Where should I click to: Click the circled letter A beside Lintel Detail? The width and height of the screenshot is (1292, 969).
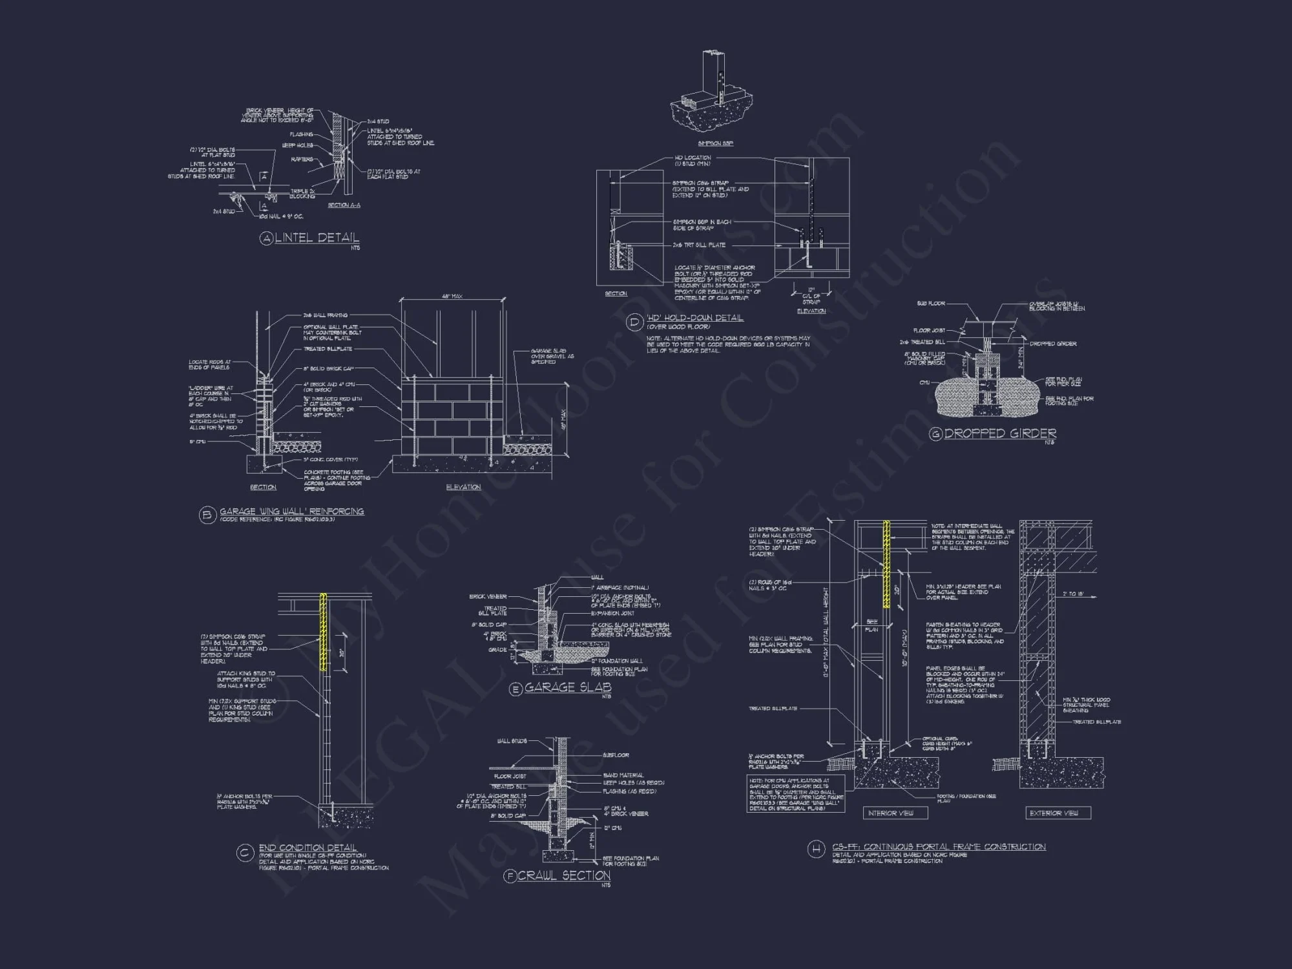point(266,238)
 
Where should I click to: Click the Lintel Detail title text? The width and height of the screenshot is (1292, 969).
point(317,238)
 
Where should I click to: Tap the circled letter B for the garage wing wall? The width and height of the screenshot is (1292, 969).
point(207,515)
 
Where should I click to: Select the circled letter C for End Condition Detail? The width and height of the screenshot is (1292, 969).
point(244,853)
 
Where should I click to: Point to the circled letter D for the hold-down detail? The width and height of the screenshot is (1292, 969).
point(634,322)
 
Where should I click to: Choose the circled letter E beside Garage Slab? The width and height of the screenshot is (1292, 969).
point(516,689)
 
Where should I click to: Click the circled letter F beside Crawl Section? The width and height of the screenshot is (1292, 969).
point(510,877)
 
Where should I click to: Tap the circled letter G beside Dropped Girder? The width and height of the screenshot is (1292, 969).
point(935,434)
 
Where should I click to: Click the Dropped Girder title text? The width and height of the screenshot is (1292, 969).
point(1000,433)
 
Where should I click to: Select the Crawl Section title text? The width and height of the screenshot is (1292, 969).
point(564,876)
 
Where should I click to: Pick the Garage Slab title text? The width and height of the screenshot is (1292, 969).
point(567,687)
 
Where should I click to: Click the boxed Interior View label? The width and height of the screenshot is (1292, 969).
point(895,813)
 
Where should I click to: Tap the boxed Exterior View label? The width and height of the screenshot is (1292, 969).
point(1058,813)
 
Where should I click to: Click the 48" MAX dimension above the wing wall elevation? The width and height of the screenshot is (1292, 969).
point(452,296)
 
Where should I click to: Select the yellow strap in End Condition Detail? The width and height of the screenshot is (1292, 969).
point(324,632)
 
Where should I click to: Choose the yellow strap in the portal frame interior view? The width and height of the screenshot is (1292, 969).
point(886,564)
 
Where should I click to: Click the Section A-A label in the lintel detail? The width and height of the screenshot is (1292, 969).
point(344,205)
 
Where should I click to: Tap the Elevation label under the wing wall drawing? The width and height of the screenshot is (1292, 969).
point(463,487)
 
